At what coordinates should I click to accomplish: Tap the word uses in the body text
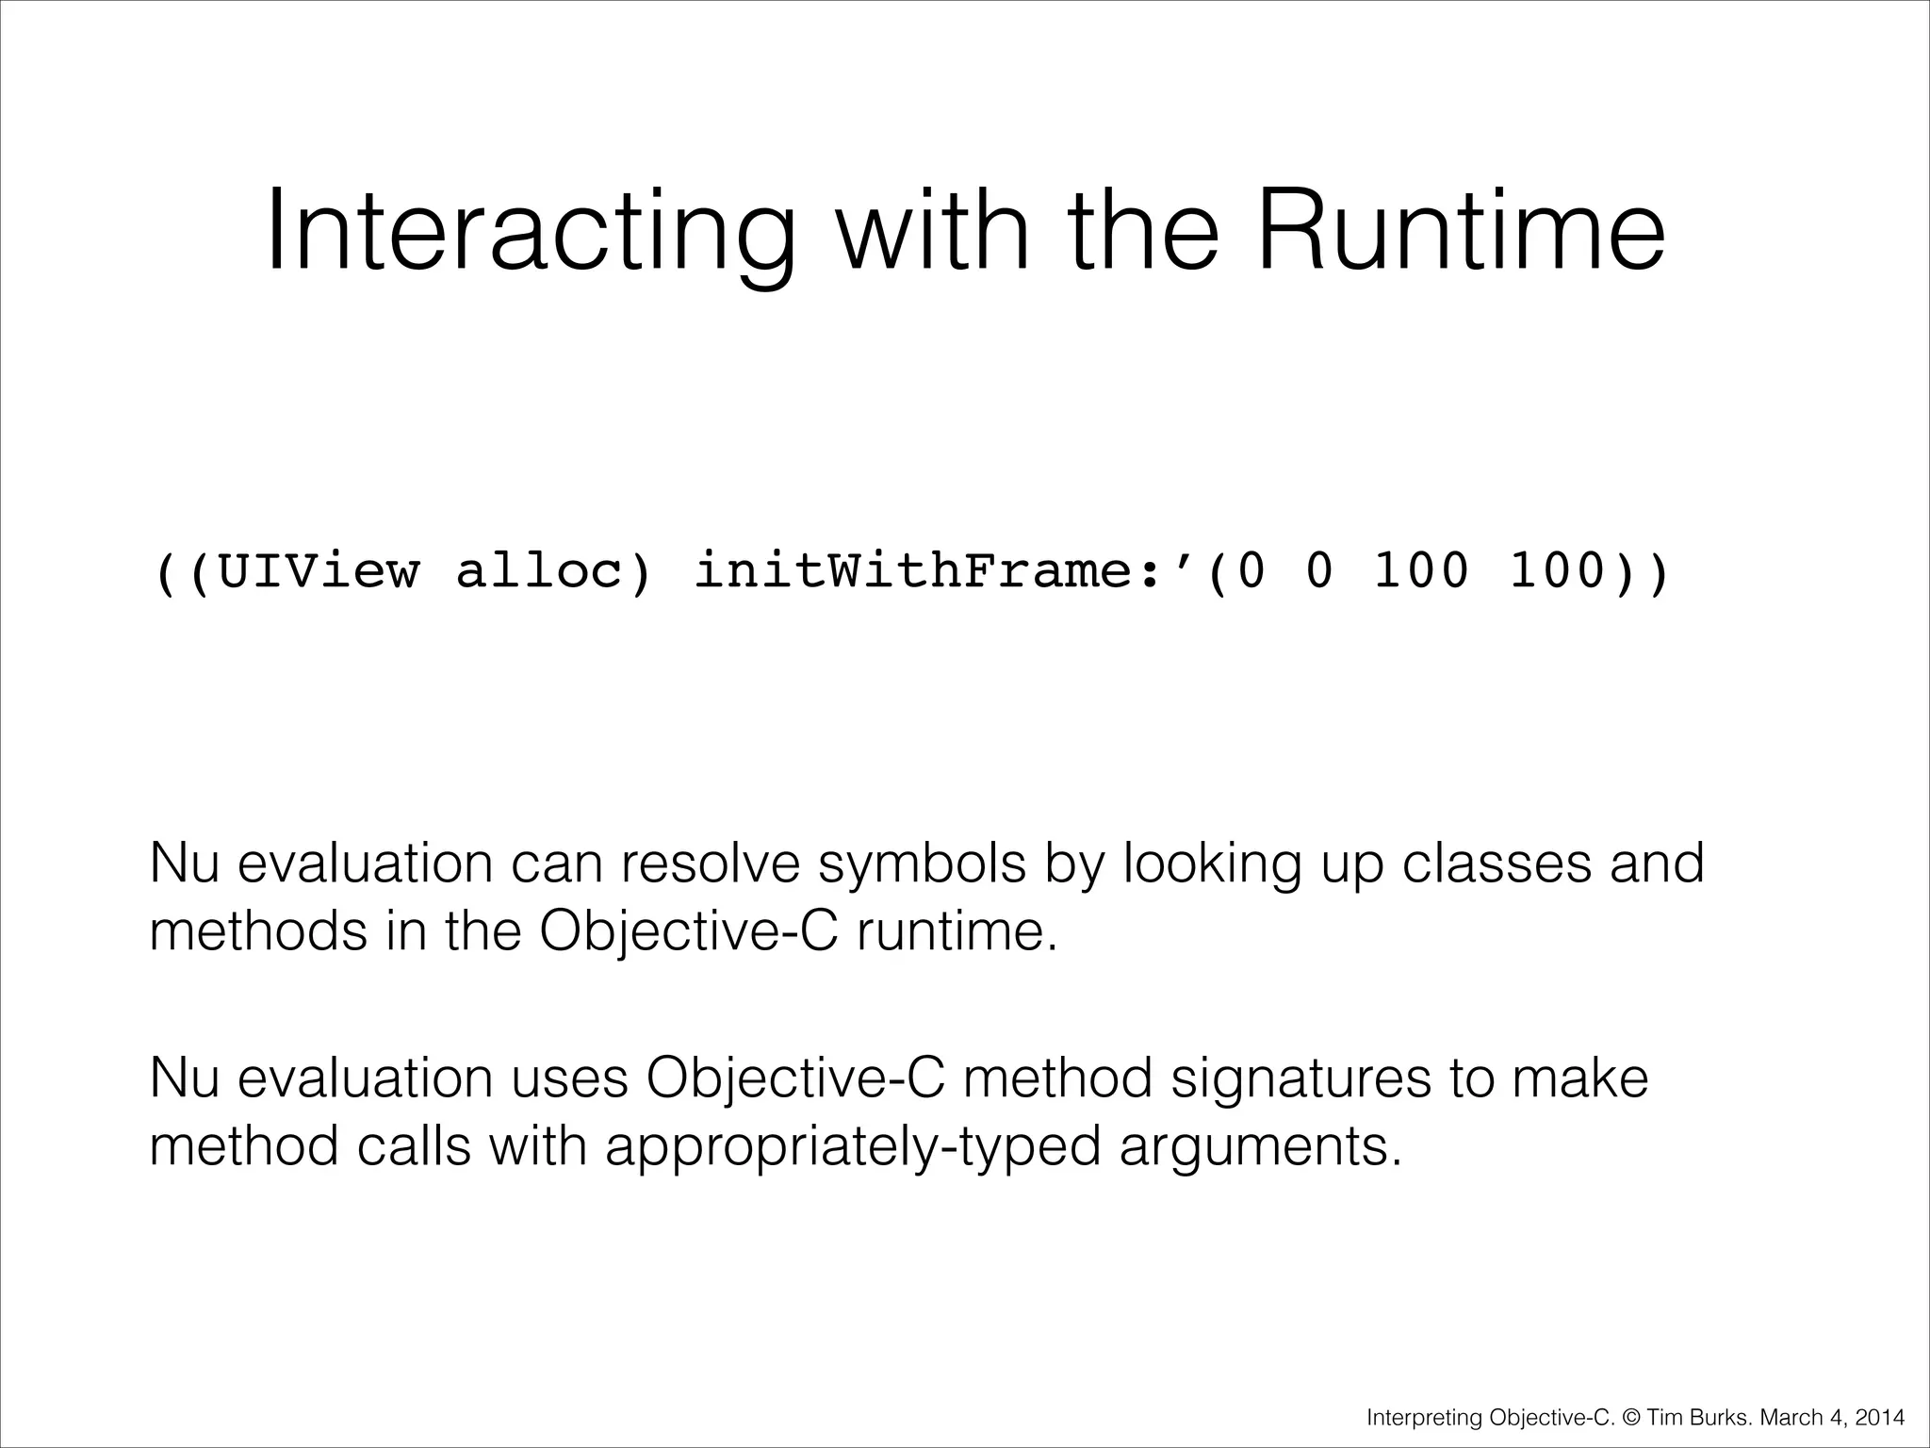pyautogui.click(x=569, y=1078)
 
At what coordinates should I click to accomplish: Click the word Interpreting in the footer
pyautogui.click(x=1425, y=1417)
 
